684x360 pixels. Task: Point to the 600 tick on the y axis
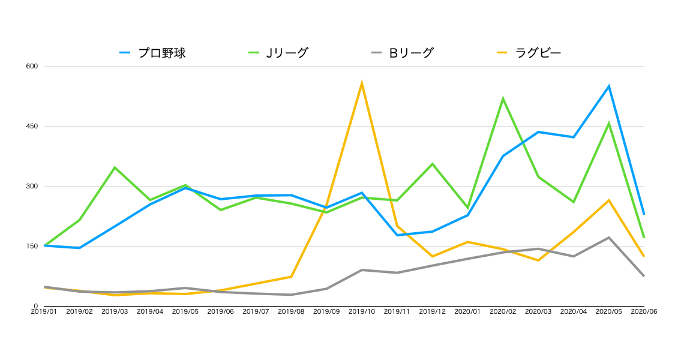pos(31,66)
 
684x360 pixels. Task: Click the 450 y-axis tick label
pos(31,126)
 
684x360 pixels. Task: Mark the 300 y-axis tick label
pos(31,186)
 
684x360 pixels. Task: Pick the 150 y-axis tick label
pos(31,246)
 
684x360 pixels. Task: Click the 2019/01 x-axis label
pos(44,311)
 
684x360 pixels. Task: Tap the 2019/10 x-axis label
pos(362,311)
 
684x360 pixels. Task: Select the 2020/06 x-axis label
pos(644,311)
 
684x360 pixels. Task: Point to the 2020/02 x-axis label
pos(503,311)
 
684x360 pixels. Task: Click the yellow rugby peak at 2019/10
pos(362,83)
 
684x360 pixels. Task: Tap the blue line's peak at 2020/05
pos(609,86)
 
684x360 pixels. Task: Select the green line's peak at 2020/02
pos(503,98)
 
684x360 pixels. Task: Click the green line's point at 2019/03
pos(115,167)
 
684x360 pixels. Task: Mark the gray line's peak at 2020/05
pos(609,238)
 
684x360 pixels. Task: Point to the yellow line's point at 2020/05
pos(609,200)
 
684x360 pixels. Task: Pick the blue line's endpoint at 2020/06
pos(644,214)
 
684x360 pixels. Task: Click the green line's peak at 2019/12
pos(432,164)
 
